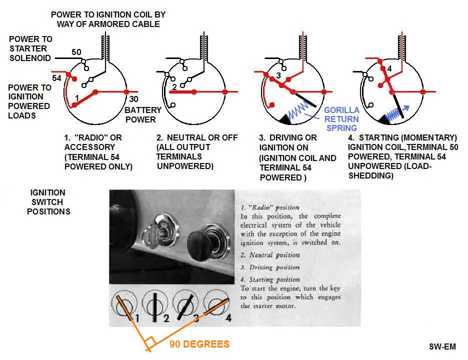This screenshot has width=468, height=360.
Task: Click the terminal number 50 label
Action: (76, 52)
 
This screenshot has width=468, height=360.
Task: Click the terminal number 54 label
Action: (56, 78)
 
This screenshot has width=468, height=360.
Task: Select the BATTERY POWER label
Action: (143, 114)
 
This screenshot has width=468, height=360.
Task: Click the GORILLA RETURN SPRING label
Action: (341, 119)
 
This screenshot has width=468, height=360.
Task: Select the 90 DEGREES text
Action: (199, 344)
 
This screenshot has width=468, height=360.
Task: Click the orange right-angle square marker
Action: (148, 343)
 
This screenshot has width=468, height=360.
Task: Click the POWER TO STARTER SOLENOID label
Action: (30, 48)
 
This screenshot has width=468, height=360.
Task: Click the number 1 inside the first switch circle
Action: (77, 97)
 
